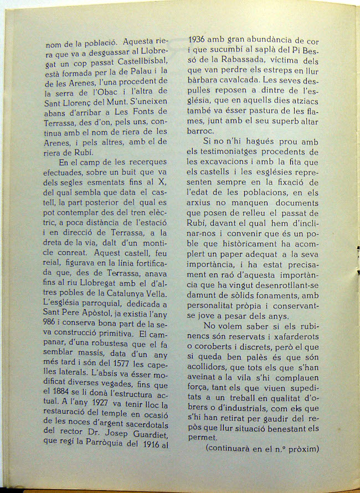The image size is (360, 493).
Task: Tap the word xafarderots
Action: tap(292, 339)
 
